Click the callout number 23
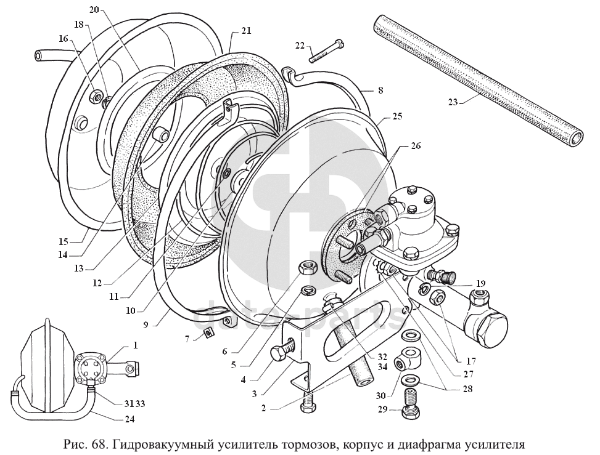(x=453, y=102)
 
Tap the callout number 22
(x=300, y=45)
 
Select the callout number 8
(x=380, y=90)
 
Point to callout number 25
(x=397, y=116)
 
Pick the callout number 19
(x=480, y=284)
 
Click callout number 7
(x=187, y=339)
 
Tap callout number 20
(x=94, y=10)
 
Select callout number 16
(x=64, y=38)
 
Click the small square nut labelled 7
(x=208, y=333)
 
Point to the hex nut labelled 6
(x=307, y=268)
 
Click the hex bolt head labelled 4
(x=280, y=354)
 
